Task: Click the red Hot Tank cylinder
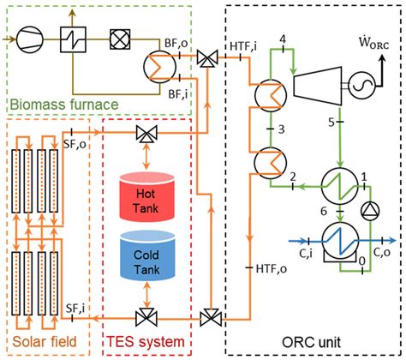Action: click(142, 194)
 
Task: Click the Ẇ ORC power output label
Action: click(374, 42)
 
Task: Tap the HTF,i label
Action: click(245, 45)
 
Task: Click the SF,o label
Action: click(77, 147)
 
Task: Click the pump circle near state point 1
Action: click(370, 208)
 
